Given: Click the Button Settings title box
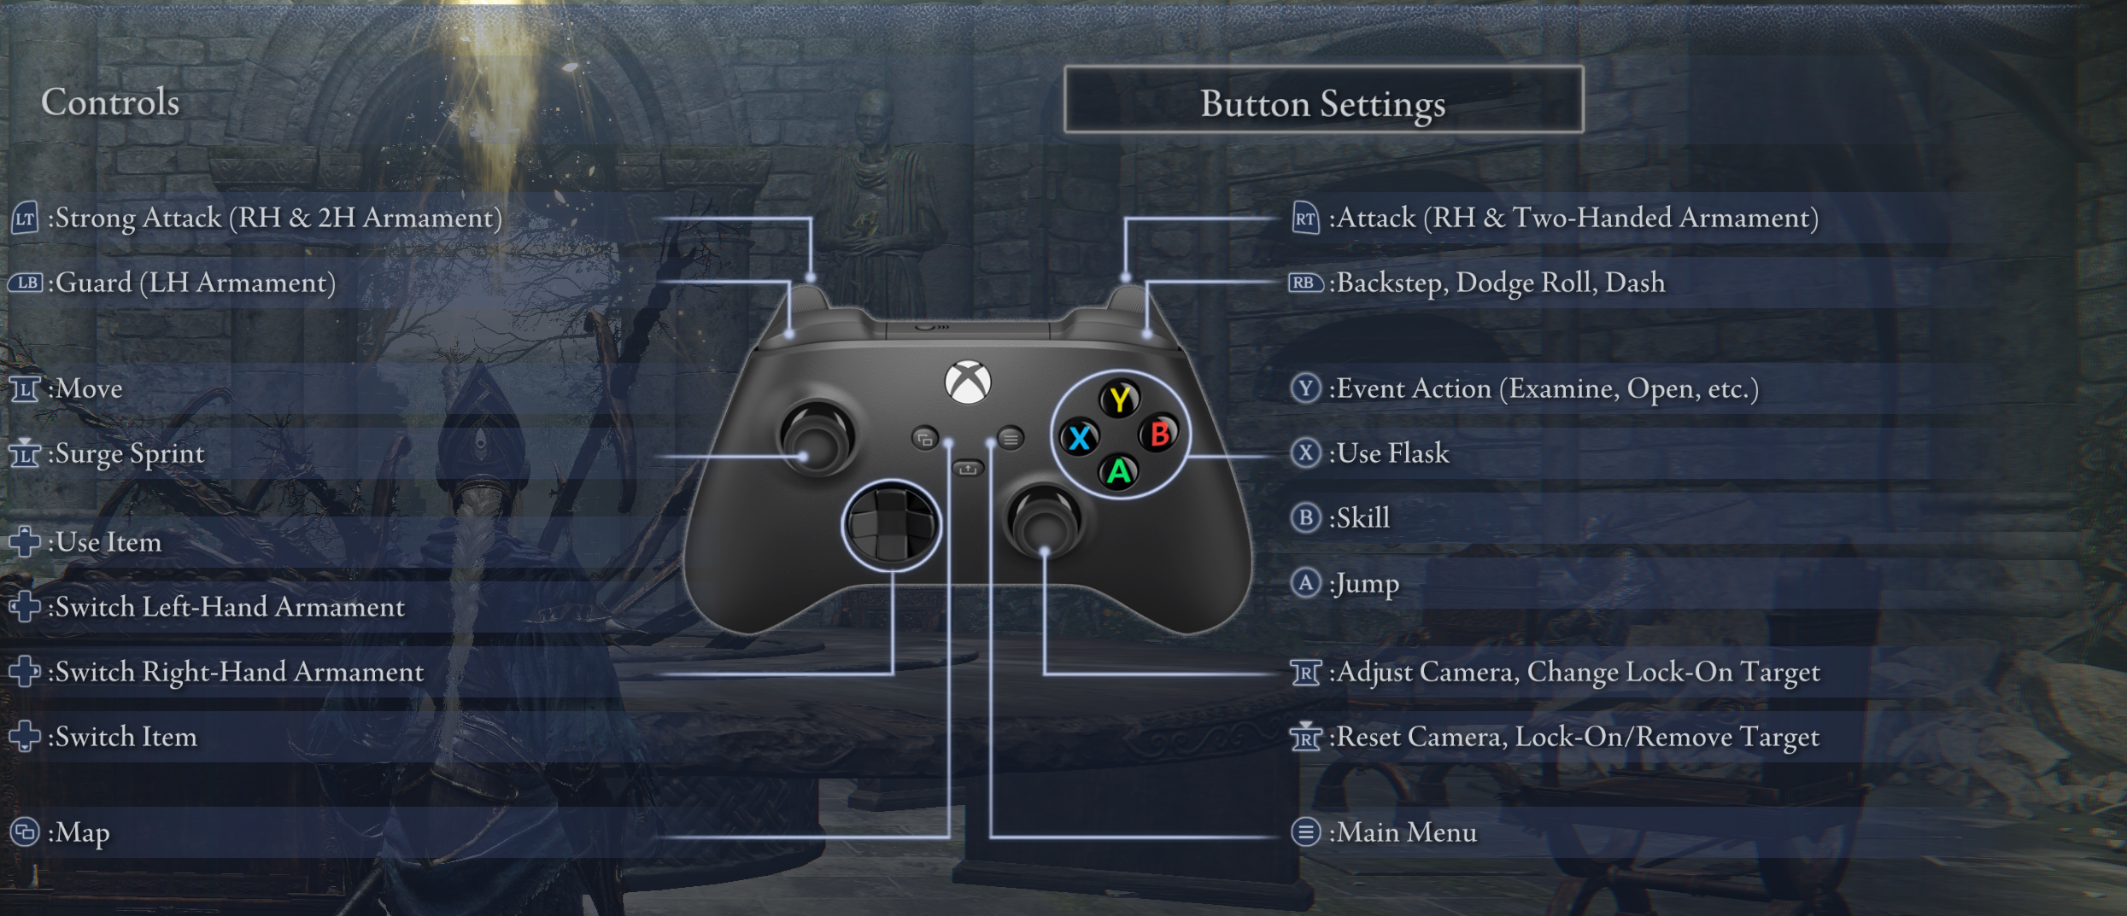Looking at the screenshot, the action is (1323, 100).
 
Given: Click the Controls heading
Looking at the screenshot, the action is (110, 102).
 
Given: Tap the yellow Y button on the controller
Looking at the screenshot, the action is (1119, 399).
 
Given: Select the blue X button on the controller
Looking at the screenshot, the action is (1080, 438).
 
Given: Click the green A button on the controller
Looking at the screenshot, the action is (1119, 472).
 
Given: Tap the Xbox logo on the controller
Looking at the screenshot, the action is (968, 382).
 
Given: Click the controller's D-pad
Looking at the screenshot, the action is (891, 525).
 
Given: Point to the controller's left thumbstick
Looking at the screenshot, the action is (817, 435).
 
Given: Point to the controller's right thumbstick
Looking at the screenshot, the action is (1044, 520).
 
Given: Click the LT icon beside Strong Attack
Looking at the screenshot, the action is (25, 219).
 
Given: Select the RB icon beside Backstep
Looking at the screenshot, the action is (1305, 283).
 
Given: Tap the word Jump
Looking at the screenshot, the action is (1368, 584).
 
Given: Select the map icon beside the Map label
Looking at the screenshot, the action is (25, 832).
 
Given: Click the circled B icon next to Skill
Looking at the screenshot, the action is (1305, 518).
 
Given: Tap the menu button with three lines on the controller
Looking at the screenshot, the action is (1011, 439).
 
